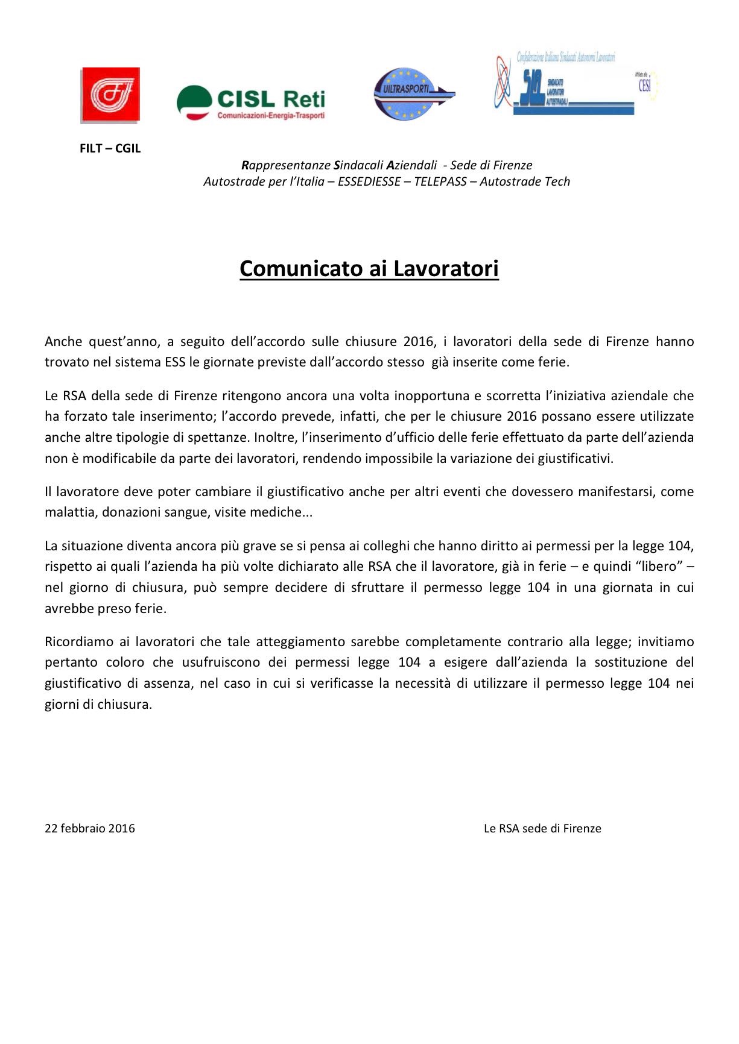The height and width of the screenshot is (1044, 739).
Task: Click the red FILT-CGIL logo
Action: pyautogui.click(x=110, y=95)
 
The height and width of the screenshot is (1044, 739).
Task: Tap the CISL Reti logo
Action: pyautogui.click(x=251, y=103)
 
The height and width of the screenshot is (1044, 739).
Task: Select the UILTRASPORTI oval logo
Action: pyautogui.click(x=413, y=93)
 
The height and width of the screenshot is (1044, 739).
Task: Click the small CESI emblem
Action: pyautogui.click(x=645, y=85)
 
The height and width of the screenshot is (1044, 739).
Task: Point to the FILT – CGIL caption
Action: pyautogui.click(x=110, y=148)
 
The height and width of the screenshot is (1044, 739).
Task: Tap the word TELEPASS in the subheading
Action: pyautogui.click(x=440, y=181)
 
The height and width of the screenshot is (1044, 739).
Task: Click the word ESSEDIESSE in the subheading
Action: pyautogui.click(x=369, y=181)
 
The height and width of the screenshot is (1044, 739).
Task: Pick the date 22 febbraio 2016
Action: pyautogui.click(x=90, y=828)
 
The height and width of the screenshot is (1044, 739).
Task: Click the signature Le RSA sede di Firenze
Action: pyautogui.click(x=542, y=828)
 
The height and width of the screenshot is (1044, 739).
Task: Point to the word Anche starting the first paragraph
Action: pyautogui.click(x=63, y=342)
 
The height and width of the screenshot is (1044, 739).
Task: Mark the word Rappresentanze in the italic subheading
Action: pyautogui.click(x=286, y=165)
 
